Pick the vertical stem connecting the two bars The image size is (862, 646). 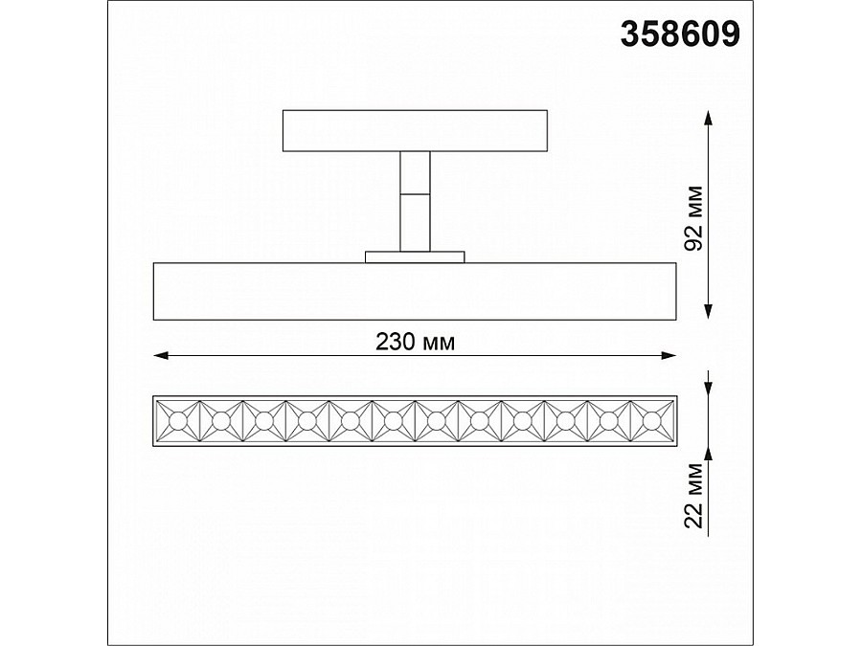click(415, 201)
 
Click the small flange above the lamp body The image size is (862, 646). click(415, 256)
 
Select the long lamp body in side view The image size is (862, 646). click(414, 290)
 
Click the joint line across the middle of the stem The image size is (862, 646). click(415, 194)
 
